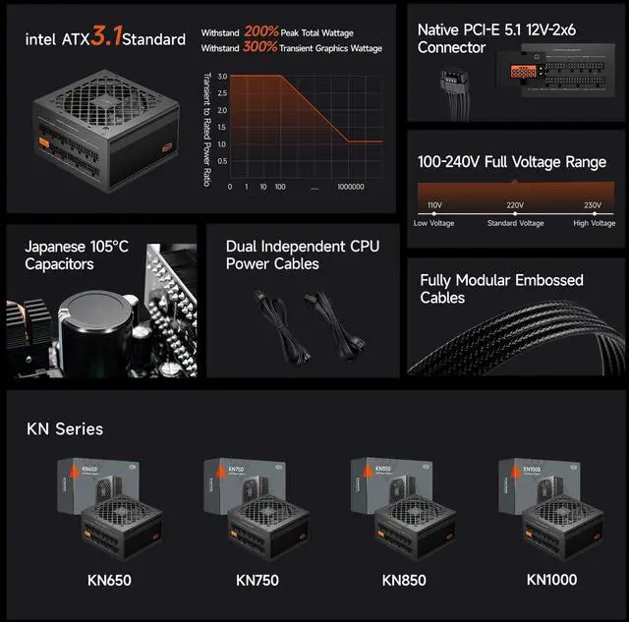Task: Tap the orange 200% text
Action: point(262,32)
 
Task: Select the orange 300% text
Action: point(262,48)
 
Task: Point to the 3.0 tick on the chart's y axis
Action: point(222,77)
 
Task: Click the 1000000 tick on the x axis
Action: point(351,186)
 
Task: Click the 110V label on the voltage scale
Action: point(434,204)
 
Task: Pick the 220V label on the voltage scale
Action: point(515,204)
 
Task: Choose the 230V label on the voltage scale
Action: point(593,204)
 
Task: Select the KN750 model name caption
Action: point(258,580)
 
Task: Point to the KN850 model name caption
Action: point(404,580)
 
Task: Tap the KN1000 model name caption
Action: point(551,580)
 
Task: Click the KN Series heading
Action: point(65,428)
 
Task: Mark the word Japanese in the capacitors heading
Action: point(57,247)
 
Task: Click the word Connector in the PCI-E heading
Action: point(451,47)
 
